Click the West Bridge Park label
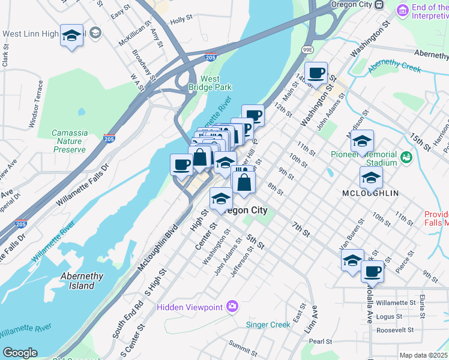click(x=215, y=83)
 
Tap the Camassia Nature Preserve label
click(x=69, y=141)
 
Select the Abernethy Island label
click(x=82, y=281)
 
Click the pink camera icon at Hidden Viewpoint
click(x=232, y=307)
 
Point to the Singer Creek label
click(x=268, y=325)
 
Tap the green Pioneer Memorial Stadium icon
click(x=407, y=157)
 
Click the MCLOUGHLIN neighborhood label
click(x=370, y=193)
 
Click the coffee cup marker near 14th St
click(x=316, y=74)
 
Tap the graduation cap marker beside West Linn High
click(x=71, y=36)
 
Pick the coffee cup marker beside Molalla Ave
click(x=373, y=271)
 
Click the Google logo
click(x=19, y=353)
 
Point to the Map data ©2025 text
click(x=423, y=355)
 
